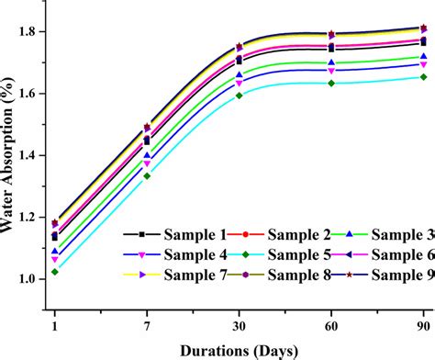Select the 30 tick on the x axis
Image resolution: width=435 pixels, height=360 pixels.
[240, 323]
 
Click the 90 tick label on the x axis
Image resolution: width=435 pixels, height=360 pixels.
[423, 323]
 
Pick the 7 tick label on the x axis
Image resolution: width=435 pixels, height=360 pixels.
[147, 323]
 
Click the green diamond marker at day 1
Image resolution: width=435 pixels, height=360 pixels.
[55, 272]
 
